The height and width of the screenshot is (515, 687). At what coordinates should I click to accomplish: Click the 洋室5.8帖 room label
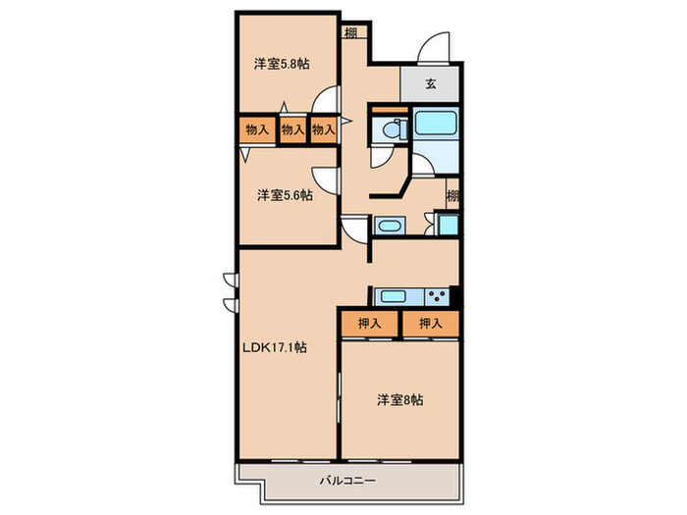coord(283,65)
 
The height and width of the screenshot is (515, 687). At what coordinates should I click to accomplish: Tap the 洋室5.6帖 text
coord(285,195)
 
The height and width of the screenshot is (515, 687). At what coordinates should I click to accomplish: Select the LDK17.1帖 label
coord(276,347)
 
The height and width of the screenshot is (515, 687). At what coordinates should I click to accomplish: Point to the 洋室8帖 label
coord(400,400)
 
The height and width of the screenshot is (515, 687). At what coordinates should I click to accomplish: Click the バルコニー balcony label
coord(347,481)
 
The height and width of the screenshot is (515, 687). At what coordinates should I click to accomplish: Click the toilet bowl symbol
coord(392,129)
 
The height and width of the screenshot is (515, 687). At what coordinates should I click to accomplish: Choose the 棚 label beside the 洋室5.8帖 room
coord(351,32)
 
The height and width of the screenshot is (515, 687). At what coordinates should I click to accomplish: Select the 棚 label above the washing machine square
coord(451,194)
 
